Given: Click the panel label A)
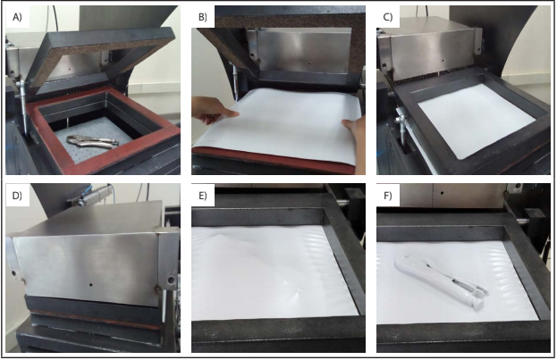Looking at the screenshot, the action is (17, 17).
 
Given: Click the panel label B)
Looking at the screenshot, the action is (203, 17).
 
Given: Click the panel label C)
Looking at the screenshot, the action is (388, 17).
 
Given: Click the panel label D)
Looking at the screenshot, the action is (17, 196).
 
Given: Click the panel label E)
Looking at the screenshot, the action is (203, 196).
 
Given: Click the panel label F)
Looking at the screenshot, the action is (387, 196).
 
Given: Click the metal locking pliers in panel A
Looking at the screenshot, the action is (92, 141).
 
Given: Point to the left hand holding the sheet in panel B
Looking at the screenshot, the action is (213, 111).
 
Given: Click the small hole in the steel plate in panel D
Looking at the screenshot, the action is (91, 285).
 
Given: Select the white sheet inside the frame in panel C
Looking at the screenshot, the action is (476, 119).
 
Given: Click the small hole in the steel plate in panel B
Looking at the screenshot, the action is (309, 63).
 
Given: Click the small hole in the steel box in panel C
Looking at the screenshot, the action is (443, 61).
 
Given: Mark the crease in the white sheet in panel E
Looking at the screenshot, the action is (256, 248).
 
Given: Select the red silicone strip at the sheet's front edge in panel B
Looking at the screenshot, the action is (274, 161).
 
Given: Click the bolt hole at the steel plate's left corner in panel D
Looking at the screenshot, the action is (14, 273).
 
